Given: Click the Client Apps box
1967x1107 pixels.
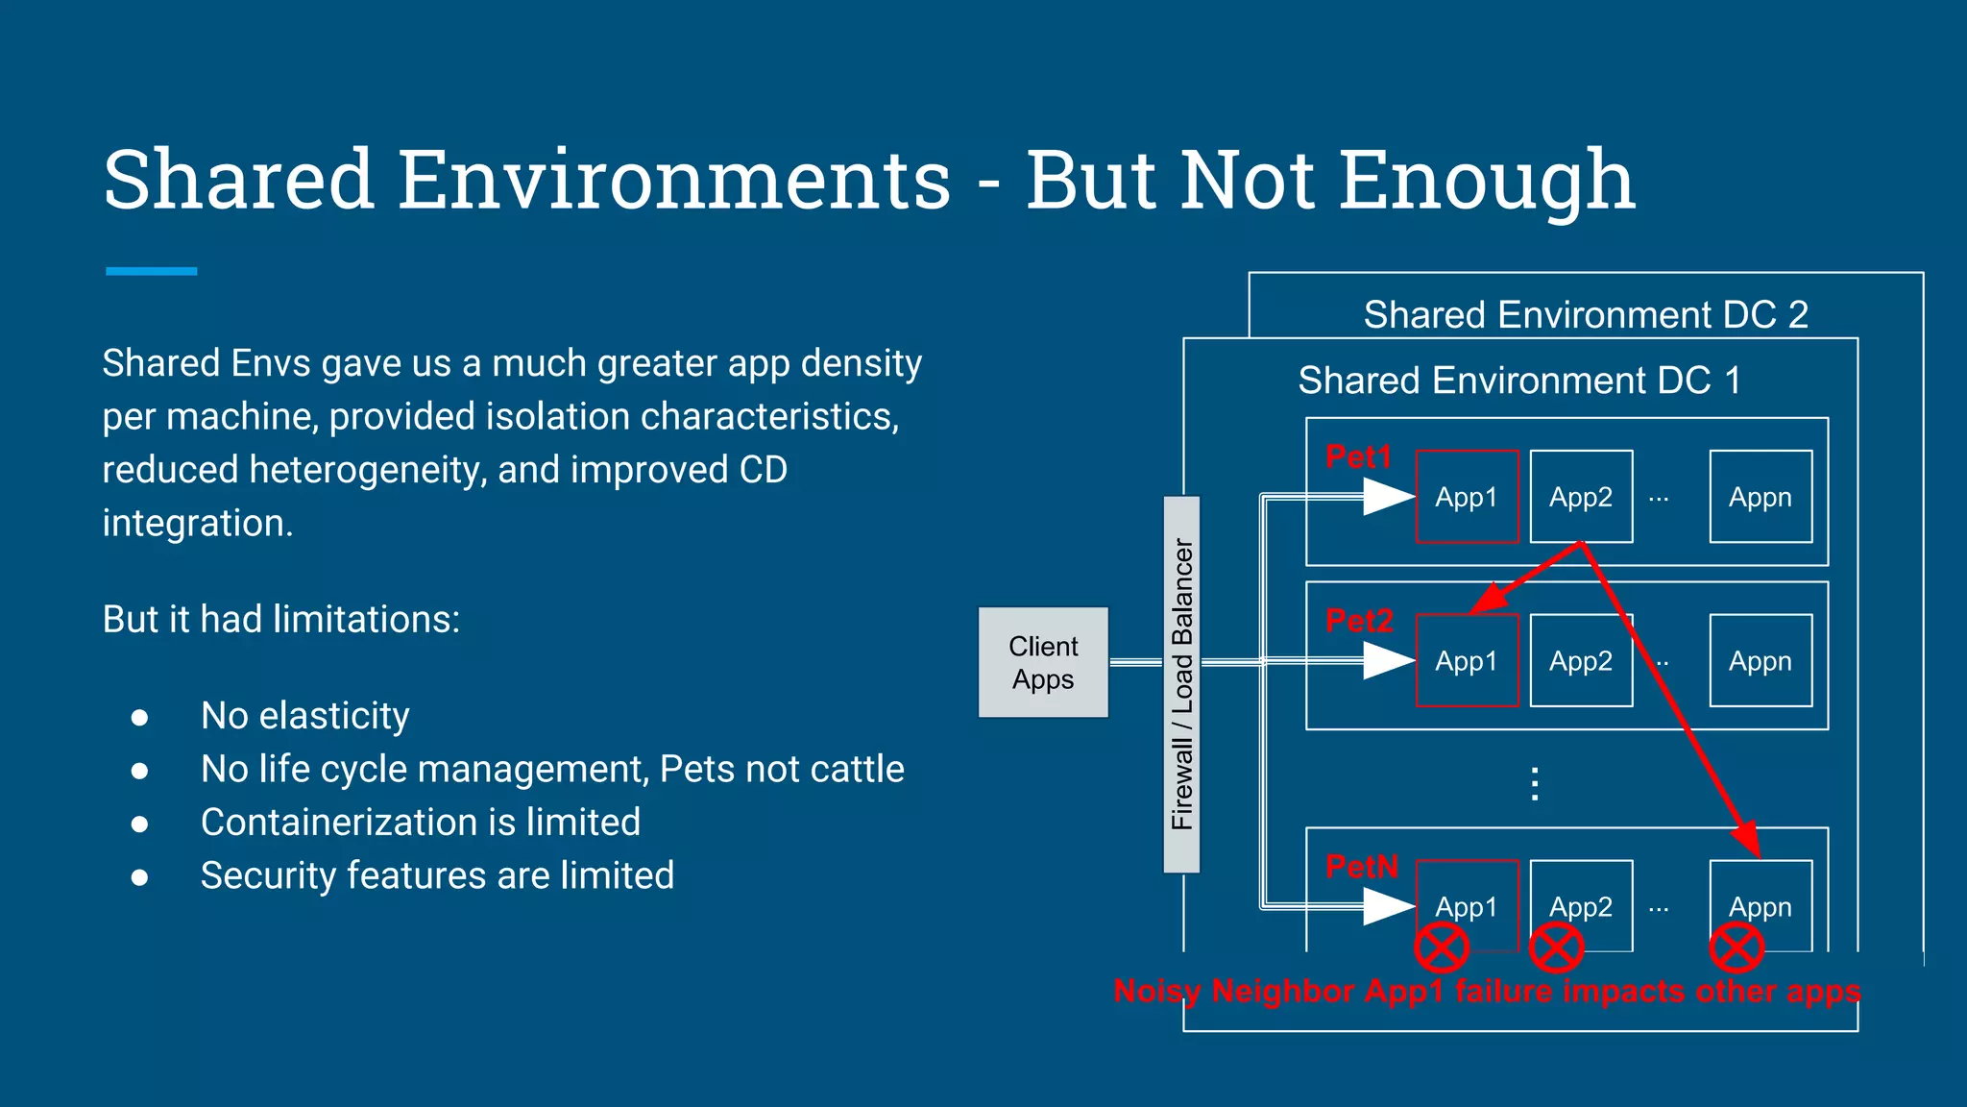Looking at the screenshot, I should (1043, 662).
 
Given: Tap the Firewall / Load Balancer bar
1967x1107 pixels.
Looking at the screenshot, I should (1181, 684).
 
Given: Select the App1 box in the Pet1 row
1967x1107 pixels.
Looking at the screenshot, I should (1467, 497).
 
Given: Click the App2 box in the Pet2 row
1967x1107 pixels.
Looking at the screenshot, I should (1581, 661).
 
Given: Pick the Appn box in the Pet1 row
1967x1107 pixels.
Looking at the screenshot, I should (1761, 497).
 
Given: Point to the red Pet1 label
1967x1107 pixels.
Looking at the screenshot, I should (1358, 457).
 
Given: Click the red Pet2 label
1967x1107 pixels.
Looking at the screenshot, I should (1359, 621).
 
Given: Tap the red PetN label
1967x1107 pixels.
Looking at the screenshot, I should (1361, 867).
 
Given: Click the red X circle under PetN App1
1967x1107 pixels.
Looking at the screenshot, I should (1442, 948).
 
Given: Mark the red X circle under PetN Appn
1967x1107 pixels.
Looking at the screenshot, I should (1736, 948).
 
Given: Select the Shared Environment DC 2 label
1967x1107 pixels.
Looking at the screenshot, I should (1586, 314).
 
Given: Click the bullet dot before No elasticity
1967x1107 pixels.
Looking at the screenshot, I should (140, 718).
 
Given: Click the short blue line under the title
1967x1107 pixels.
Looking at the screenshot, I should (152, 271).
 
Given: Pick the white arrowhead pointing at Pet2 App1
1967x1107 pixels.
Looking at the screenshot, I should (1389, 661).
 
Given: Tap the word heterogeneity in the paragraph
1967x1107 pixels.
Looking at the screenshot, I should (368, 471).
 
